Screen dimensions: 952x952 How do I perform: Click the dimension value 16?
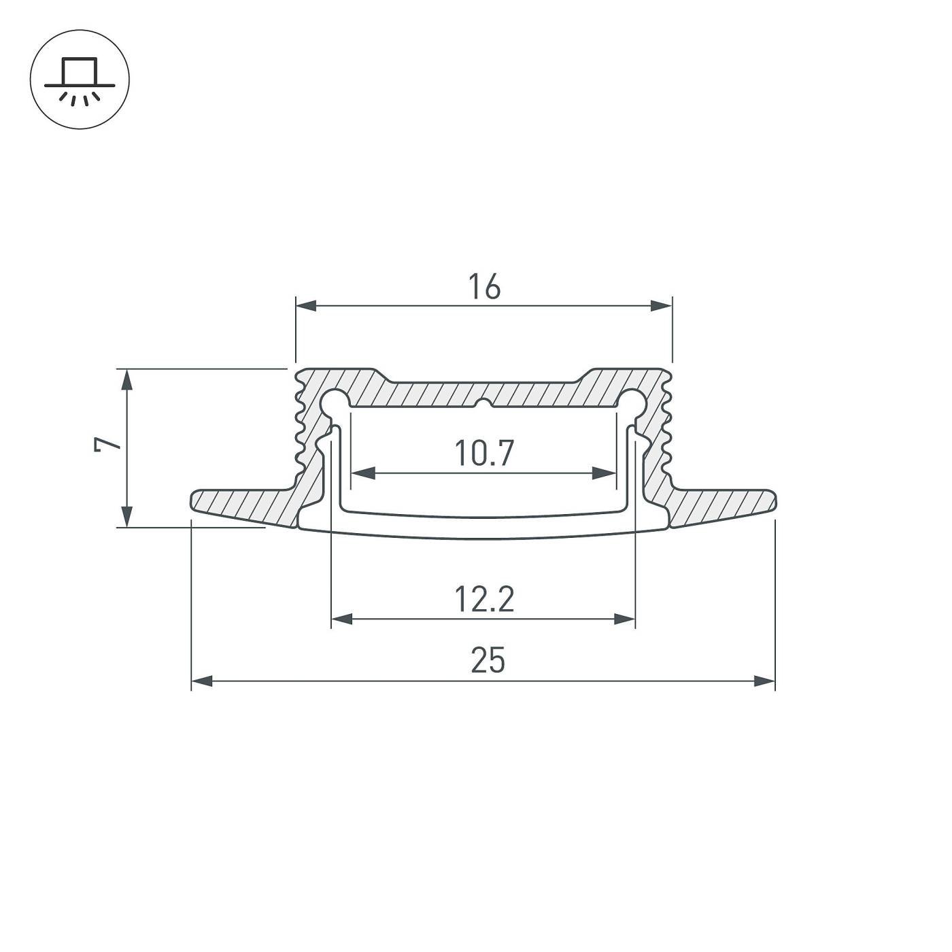tap(483, 287)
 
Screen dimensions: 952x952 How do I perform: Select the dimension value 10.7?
tap(483, 454)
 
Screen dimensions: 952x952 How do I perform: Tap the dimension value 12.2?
tap(483, 600)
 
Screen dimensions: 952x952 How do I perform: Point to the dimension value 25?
tap(488, 661)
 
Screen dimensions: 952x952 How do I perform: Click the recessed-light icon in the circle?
tap(80, 80)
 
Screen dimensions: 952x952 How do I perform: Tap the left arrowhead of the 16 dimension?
tap(306, 306)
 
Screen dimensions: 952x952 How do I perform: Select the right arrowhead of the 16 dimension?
tap(661, 306)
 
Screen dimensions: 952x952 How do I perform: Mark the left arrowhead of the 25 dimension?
tap(203, 681)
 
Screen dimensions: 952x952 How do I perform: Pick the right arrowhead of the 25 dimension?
tap(764, 681)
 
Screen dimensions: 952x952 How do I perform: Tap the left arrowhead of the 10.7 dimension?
tap(362, 473)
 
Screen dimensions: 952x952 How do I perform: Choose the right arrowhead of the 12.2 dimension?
tap(624, 619)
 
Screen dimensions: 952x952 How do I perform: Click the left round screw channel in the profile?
tap(334, 401)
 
